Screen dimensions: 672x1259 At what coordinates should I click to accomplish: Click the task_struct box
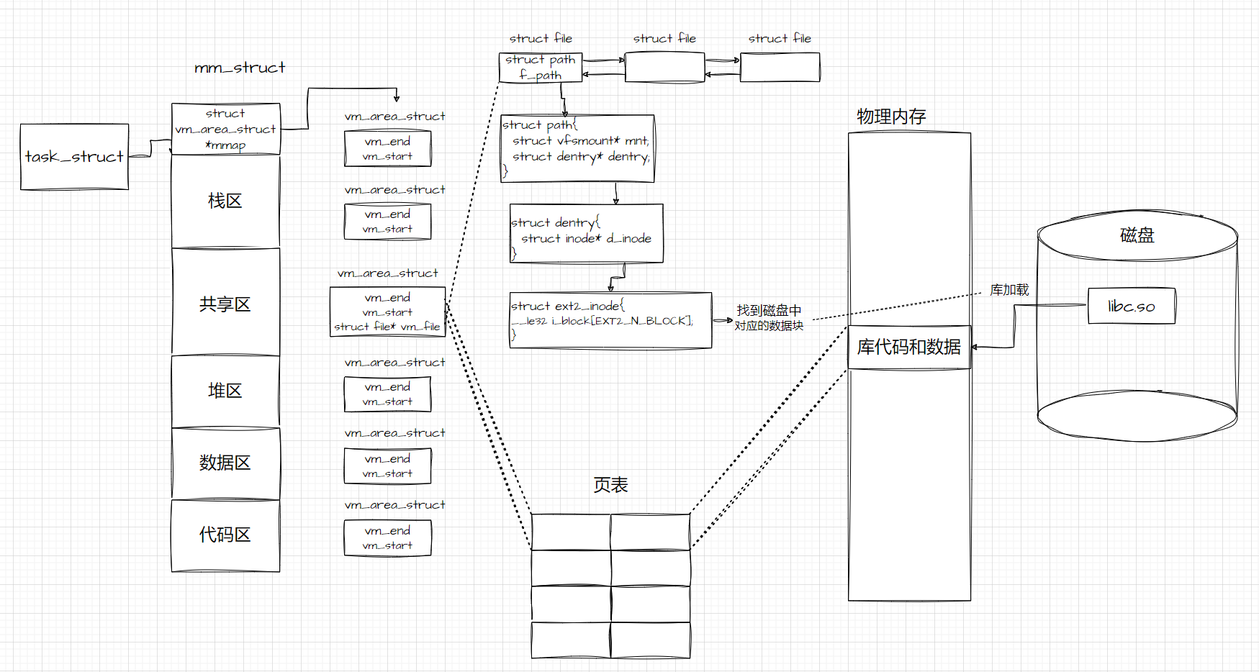74,157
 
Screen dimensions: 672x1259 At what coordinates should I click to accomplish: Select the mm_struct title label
240,68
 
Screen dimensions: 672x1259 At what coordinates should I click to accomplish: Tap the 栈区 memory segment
225,201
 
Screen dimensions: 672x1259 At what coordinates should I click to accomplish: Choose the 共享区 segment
225,304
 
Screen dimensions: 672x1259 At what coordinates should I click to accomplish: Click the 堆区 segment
225,391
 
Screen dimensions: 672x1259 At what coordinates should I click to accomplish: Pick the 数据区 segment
225,463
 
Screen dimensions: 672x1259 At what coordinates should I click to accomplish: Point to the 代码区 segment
225,535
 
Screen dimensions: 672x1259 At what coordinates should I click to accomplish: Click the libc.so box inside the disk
1132,307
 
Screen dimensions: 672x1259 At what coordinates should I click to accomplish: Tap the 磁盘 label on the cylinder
1137,235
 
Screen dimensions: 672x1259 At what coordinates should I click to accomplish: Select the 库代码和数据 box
909,348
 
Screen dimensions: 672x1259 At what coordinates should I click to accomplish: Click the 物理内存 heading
891,117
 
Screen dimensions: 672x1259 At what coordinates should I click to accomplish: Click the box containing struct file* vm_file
387,312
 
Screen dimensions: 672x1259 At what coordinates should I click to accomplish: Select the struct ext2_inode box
610,320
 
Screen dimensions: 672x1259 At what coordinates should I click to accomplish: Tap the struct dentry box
586,234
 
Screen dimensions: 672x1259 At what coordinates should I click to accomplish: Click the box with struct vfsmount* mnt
577,148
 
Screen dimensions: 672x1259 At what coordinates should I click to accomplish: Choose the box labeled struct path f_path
540,68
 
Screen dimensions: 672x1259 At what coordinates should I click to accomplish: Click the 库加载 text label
1009,290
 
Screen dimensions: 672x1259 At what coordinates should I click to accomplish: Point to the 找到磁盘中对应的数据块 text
769,318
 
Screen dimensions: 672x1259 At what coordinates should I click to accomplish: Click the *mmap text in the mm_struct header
225,145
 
